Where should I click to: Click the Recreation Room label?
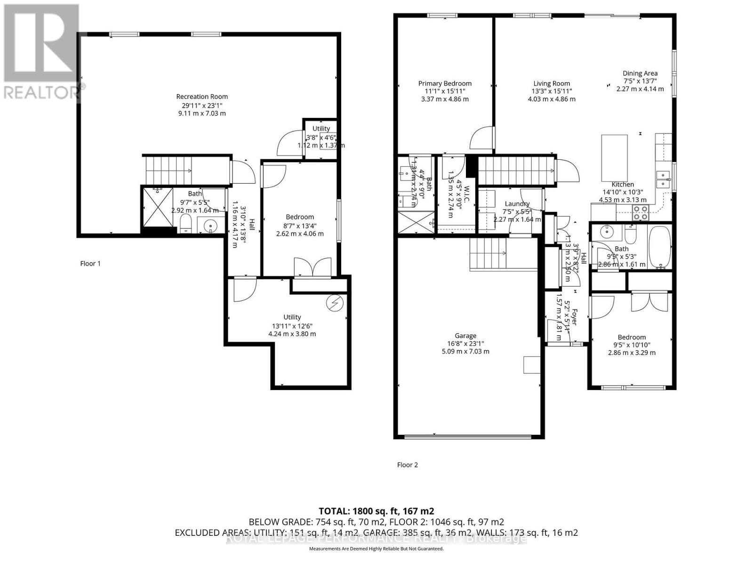pyautogui.click(x=202, y=97)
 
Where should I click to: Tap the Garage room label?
pyautogui.click(x=465, y=336)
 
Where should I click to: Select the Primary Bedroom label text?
pyautogui.click(x=445, y=84)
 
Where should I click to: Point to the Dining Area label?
pyautogui.click(x=640, y=73)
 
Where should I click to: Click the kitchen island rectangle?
pyautogui.click(x=615, y=158)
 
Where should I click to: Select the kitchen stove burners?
pyautogui.click(x=640, y=213)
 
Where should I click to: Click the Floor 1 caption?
pyautogui.click(x=90, y=264)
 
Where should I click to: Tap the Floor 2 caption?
pyautogui.click(x=408, y=465)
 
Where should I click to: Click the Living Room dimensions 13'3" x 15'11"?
pyautogui.click(x=552, y=91)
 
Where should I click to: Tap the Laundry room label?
pyautogui.click(x=517, y=204)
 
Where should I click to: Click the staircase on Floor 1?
pyautogui.click(x=168, y=171)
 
